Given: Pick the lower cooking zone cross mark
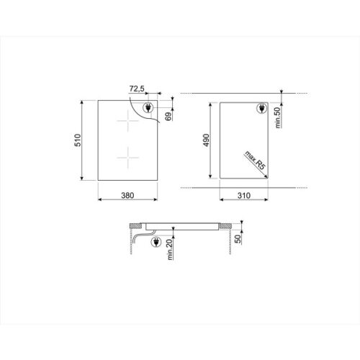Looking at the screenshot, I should coord(127,155).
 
